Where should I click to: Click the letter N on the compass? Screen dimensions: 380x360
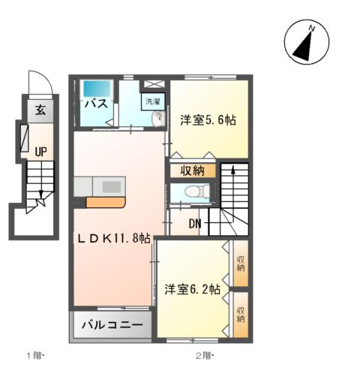coord(314,29)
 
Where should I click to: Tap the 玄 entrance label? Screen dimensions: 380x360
coord(39,110)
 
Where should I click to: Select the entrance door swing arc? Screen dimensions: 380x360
coord(36,81)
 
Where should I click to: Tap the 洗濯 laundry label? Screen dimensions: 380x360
coord(151,101)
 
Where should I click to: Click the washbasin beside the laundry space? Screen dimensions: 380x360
coord(157,118)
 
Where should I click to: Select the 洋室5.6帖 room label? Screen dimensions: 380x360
coord(204,119)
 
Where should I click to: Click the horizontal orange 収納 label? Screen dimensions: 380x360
coord(191,170)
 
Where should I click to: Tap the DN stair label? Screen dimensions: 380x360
coord(194,223)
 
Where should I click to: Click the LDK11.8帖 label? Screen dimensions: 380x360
coord(115,238)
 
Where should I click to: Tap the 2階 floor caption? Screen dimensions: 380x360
coord(205,355)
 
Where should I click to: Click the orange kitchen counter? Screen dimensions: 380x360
coord(106,202)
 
